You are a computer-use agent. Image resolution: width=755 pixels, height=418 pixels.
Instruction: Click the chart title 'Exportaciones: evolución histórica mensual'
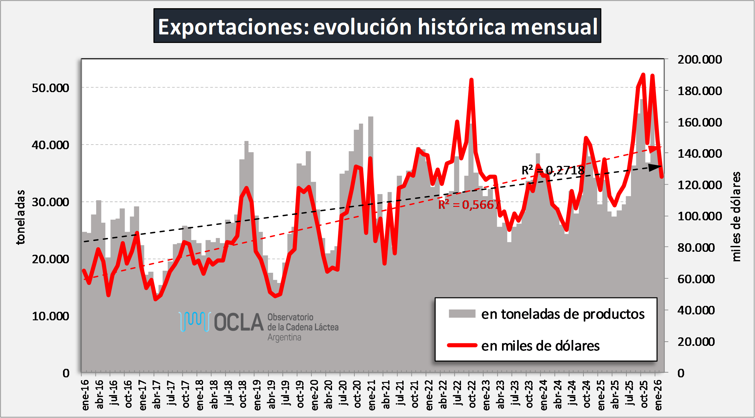377,26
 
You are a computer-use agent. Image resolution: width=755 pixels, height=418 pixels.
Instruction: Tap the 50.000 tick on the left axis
50,88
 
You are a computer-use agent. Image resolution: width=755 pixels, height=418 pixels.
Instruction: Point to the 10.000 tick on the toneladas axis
50,316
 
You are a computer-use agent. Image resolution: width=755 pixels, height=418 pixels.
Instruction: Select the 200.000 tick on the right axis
700,59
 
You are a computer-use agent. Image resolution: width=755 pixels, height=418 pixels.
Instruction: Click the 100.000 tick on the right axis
700,216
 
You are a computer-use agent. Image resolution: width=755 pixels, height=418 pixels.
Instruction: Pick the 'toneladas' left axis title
20,217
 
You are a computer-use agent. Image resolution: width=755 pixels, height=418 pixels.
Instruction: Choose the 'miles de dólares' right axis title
736,216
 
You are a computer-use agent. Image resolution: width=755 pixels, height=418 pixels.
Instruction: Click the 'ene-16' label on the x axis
85,395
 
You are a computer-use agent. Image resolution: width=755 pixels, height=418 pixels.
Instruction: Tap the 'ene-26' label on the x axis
658,395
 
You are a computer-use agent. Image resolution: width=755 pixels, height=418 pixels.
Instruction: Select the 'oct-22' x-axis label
472,395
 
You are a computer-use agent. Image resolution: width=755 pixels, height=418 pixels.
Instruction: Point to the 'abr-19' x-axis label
271,395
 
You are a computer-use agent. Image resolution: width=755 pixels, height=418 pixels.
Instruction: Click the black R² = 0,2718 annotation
553,170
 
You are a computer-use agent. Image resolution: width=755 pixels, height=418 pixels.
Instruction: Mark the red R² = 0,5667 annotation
469,205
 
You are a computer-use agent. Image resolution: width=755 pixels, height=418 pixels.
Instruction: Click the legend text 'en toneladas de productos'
563,314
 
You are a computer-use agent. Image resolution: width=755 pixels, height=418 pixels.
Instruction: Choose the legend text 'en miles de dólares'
540,346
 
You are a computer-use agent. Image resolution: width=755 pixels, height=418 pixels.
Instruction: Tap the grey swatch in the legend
462,314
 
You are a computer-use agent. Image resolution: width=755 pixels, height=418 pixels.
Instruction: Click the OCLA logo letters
239,322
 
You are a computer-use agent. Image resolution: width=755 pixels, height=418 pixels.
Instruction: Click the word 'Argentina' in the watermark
284,337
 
